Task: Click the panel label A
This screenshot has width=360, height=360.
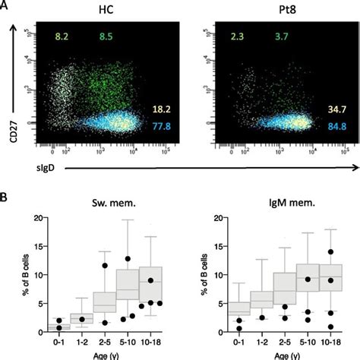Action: point(6,6)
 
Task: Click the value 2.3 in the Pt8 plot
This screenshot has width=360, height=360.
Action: point(226,36)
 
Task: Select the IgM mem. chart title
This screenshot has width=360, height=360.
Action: point(273,203)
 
